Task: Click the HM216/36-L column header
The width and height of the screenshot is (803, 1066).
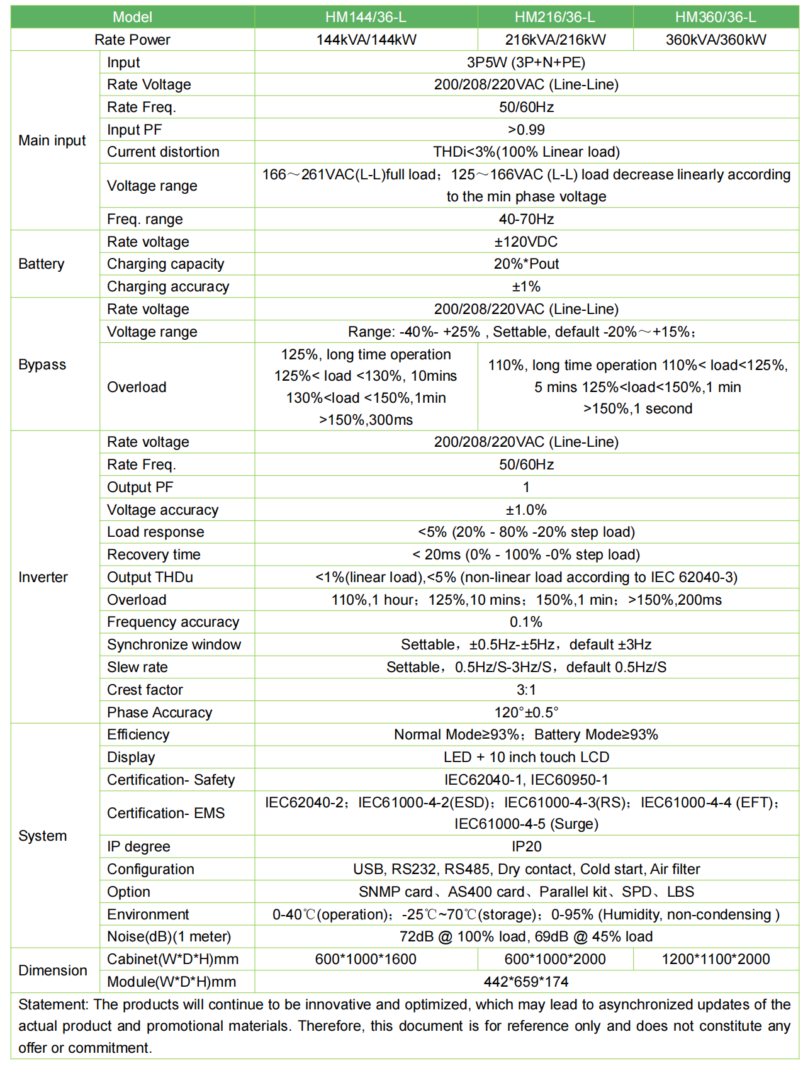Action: point(554,17)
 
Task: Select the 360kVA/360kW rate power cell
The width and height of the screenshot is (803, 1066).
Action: point(716,40)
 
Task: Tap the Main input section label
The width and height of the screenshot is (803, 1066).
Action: point(52,140)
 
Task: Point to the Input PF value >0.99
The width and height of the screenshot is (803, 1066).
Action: point(526,130)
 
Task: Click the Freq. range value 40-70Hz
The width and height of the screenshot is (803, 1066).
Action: point(526,219)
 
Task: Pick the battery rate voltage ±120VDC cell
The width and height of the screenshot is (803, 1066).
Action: point(526,242)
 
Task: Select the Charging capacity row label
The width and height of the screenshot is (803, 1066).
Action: point(166,264)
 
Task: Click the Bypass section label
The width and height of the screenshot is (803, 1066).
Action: point(42,364)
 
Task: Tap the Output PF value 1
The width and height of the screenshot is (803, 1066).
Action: point(526,487)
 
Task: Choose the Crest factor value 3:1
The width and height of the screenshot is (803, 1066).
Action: point(526,690)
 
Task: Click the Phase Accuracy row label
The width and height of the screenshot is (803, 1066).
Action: point(159,712)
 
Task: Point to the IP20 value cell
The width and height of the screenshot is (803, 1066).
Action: point(526,846)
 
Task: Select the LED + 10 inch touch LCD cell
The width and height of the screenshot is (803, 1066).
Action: point(526,757)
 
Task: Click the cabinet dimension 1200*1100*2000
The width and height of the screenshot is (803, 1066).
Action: point(716,959)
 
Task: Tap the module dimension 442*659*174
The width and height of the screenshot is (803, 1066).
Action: point(526,982)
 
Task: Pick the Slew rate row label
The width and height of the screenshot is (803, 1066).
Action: point(137,667)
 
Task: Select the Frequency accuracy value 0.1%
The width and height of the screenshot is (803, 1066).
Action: point(526,622)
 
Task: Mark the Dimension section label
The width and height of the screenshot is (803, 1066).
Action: point(53,970)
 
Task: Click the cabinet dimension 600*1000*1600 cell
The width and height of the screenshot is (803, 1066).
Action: point(366,959)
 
